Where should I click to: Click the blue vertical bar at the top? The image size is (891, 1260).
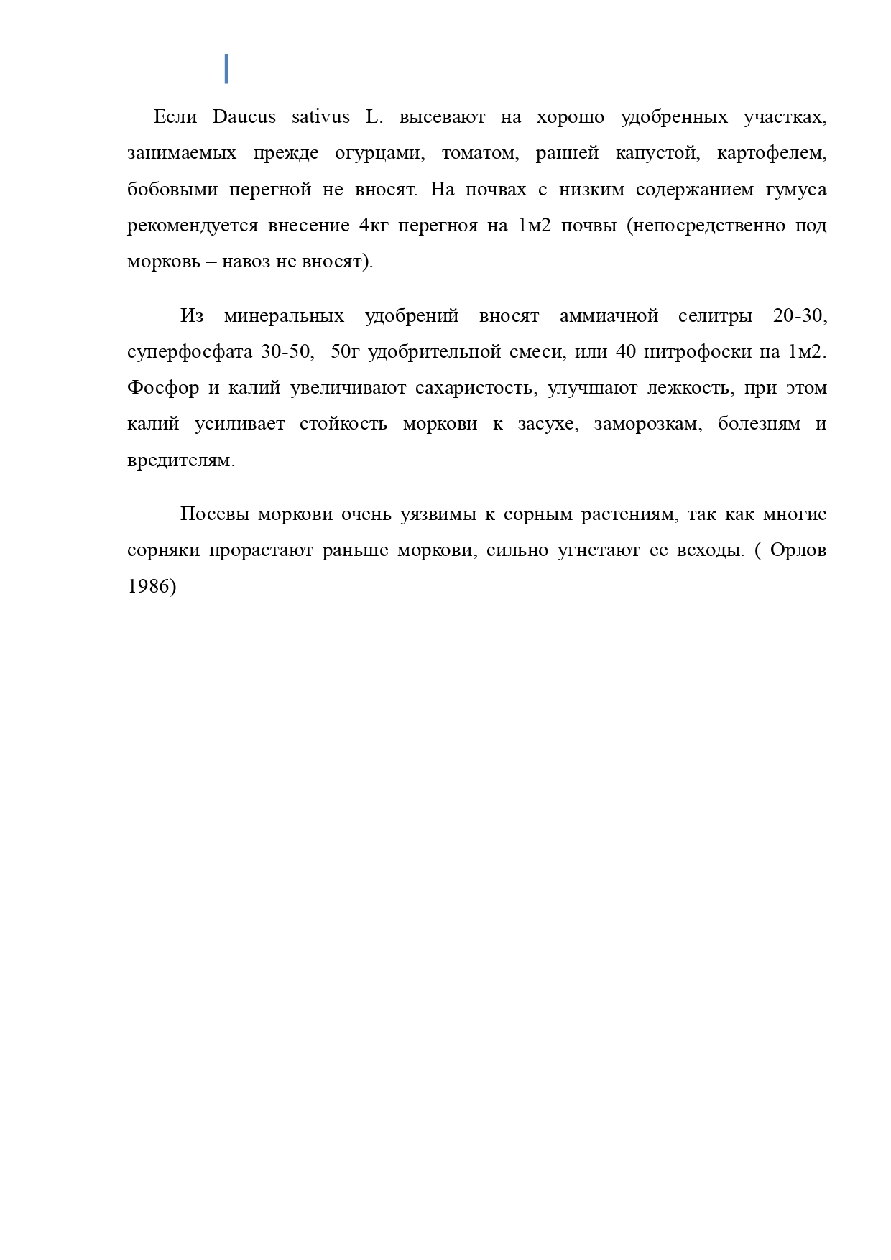point(226,69)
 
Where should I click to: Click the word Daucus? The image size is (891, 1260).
point(244,117)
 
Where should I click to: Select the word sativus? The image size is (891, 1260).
point(320,117)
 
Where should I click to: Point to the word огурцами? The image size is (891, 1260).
point(377,154)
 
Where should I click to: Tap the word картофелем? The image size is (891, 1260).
point(772,154)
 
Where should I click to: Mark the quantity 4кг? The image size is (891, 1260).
point(373,226)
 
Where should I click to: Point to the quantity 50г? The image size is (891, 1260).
point(344,352)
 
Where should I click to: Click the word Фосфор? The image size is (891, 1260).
point(163,388)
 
